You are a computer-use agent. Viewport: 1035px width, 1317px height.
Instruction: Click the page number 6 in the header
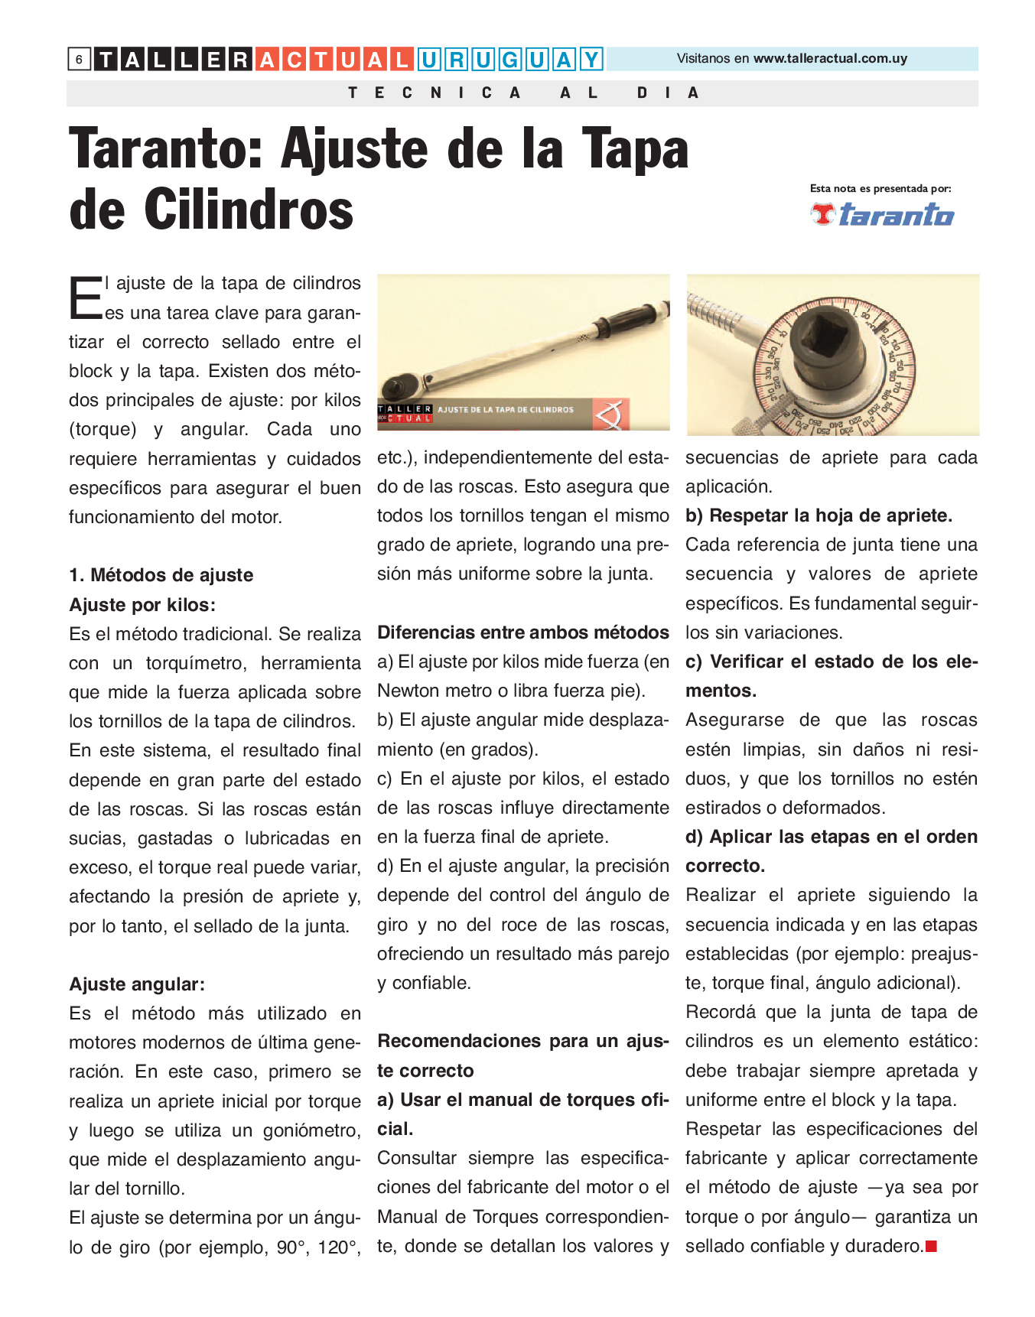(79, 59)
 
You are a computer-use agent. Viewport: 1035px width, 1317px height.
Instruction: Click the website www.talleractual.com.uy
(830, 59)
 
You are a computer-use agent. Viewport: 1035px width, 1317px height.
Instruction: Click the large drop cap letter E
(85, 298)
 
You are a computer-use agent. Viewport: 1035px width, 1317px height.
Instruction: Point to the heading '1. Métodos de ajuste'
(161, 575)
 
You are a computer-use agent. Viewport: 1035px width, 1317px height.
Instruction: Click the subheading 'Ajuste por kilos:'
(142, 605)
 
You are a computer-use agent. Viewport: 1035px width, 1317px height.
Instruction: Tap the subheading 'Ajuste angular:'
(137, 984)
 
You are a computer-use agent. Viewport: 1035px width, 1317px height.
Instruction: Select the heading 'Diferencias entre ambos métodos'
(523, 632)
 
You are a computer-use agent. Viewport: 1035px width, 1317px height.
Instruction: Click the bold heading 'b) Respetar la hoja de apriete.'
(819, 515)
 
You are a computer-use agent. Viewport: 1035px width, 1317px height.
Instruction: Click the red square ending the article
(931, 1247)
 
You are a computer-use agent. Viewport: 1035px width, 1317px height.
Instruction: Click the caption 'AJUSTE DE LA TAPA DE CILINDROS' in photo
(505, 410)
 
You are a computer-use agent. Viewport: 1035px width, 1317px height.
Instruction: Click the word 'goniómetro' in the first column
(317, 1130)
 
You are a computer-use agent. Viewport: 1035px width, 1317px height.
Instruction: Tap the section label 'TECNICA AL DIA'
(523, 93)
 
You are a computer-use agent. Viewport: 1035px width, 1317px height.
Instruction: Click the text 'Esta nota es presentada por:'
(880, 188)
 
